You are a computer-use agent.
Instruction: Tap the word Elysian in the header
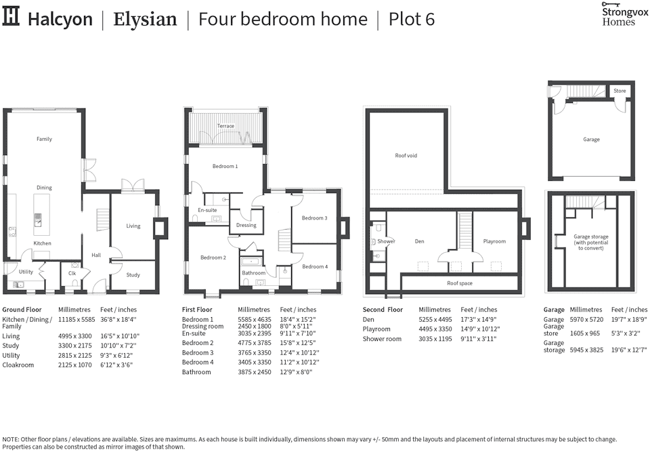coord(145,19)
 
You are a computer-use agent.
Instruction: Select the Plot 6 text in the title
coord(411,19)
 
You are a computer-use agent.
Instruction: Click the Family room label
coord(44,139)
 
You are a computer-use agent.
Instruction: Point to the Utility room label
coord(26,272)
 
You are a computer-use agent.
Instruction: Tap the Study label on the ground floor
coord(133,275)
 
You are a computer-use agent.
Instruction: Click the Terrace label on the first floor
coord(225,126)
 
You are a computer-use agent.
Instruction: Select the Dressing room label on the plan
coord(246,225)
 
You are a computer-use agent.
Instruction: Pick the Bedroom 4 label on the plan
coord(314,266)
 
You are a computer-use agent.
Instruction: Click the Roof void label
coord(406,156)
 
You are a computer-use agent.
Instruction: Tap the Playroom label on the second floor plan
coord(494,241)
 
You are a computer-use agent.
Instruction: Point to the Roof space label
coord(460,283)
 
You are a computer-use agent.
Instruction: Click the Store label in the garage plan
coord(620,91)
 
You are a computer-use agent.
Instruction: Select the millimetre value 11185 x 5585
coord(78,319)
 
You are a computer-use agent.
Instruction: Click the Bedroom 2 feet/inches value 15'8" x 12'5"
coord(299,343)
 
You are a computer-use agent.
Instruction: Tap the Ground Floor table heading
coord(23,310)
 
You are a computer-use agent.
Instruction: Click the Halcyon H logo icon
coord(12,18)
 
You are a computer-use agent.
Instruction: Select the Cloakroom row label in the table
coord(18,365)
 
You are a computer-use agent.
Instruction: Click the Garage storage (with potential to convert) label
coord(591,243)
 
